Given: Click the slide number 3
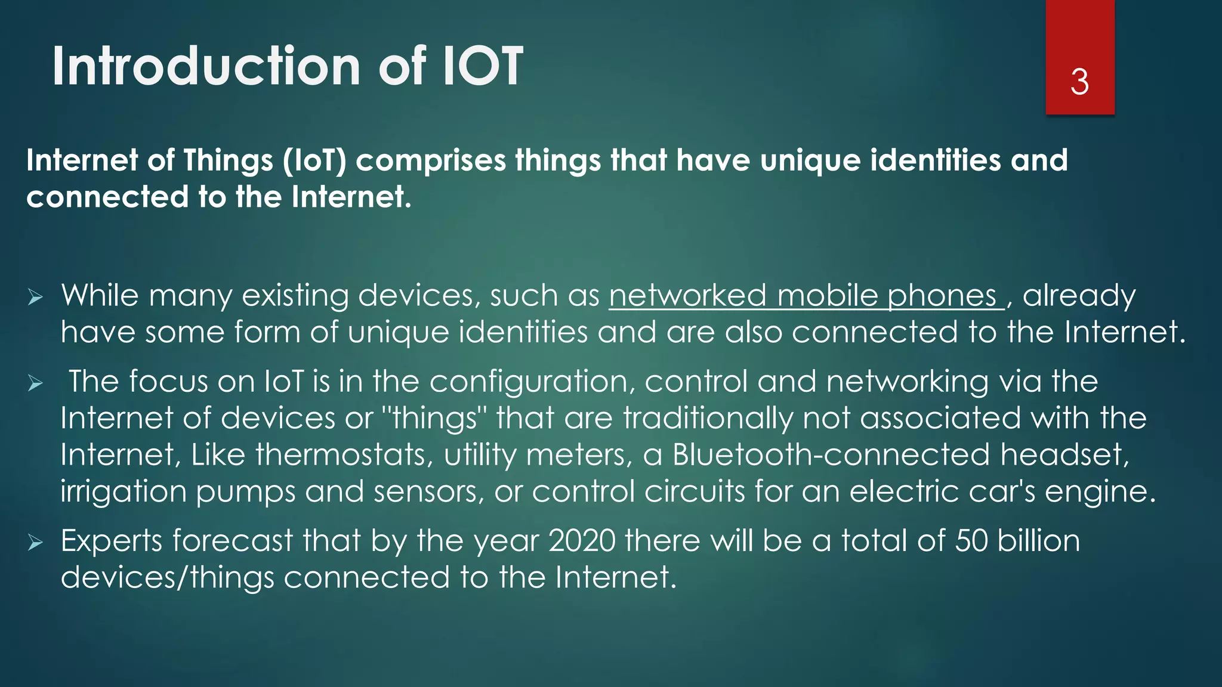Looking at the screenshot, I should [1079, 82].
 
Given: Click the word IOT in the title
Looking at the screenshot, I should [482, 66].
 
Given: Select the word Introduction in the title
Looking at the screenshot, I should [206, 66].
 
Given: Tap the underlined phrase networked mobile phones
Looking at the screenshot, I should [806, 296].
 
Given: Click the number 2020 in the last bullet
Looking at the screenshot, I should [582, 541].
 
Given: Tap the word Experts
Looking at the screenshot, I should [112, 541].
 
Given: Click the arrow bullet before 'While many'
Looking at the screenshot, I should [35, 297].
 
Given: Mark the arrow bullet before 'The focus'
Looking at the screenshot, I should [35, 383].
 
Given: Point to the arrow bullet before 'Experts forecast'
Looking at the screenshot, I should [35, 543].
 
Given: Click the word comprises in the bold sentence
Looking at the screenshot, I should [431, 161].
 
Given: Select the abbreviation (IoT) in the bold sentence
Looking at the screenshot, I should [314, 161].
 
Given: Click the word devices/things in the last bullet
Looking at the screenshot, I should [167, 578].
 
